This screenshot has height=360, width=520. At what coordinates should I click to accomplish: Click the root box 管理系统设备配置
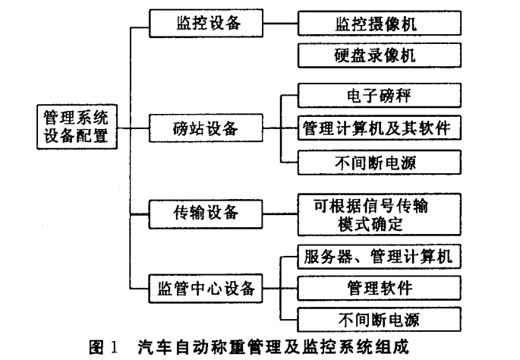tap(77, 127)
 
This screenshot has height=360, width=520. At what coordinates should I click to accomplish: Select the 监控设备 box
tap(206, 24)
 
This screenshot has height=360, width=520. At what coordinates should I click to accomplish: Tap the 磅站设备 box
tap(206, 128)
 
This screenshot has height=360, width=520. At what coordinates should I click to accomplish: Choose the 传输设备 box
tap(206, 214)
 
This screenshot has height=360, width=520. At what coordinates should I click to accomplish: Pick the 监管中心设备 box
tap(206, 289)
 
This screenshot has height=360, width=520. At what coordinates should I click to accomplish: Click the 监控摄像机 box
tap(380, 24)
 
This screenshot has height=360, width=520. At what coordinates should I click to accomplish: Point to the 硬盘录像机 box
tap(380, 55)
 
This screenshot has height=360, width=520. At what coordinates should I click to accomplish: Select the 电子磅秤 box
tap(380, 96)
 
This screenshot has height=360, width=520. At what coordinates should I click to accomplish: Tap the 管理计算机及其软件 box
tap(380, 128)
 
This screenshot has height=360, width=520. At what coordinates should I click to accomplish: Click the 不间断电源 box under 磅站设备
tap(380, 163)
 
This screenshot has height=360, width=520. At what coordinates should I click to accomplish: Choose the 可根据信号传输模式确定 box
tap(380, 215)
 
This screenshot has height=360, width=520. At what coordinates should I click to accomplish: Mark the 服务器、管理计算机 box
tap(380, 257)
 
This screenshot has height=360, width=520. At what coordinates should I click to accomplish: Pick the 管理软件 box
tap(380, 288)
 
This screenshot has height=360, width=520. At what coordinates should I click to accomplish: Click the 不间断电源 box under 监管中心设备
tap(380, 320)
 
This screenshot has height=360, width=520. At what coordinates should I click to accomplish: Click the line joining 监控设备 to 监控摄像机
tap(280, 24)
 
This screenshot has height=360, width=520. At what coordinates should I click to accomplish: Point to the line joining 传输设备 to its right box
tap(280, 214)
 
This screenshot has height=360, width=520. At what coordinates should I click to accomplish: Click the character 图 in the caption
tap(96, 347)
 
